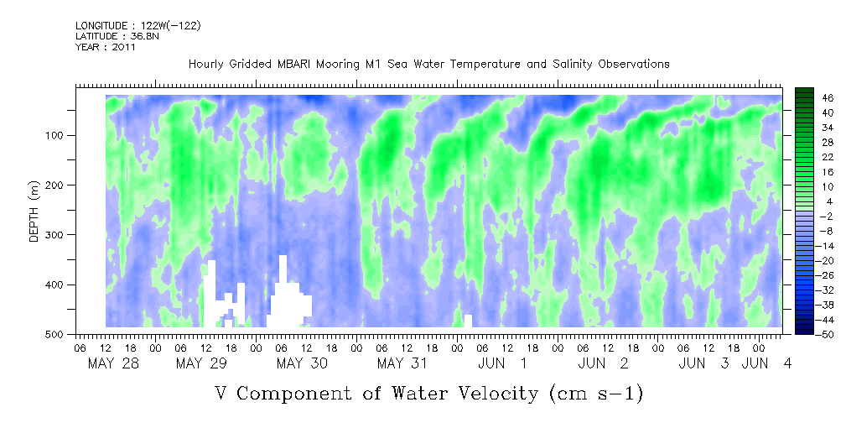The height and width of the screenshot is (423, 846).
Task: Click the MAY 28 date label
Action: point(112,363)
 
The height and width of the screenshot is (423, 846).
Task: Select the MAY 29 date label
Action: point(201,363)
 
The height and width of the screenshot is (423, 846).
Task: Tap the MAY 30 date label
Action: point(302,363)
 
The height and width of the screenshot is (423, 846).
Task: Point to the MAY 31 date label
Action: point(402,363)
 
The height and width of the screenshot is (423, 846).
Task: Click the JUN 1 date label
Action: point(502,363)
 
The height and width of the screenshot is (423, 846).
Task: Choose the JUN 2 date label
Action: point(603,363)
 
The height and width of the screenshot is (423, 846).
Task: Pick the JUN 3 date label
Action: point(703,363)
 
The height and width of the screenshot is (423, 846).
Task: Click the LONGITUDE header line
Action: point(138,26)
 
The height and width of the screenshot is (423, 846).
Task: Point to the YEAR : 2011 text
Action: point(106,47)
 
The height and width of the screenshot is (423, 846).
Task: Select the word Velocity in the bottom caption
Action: point(489,393)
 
